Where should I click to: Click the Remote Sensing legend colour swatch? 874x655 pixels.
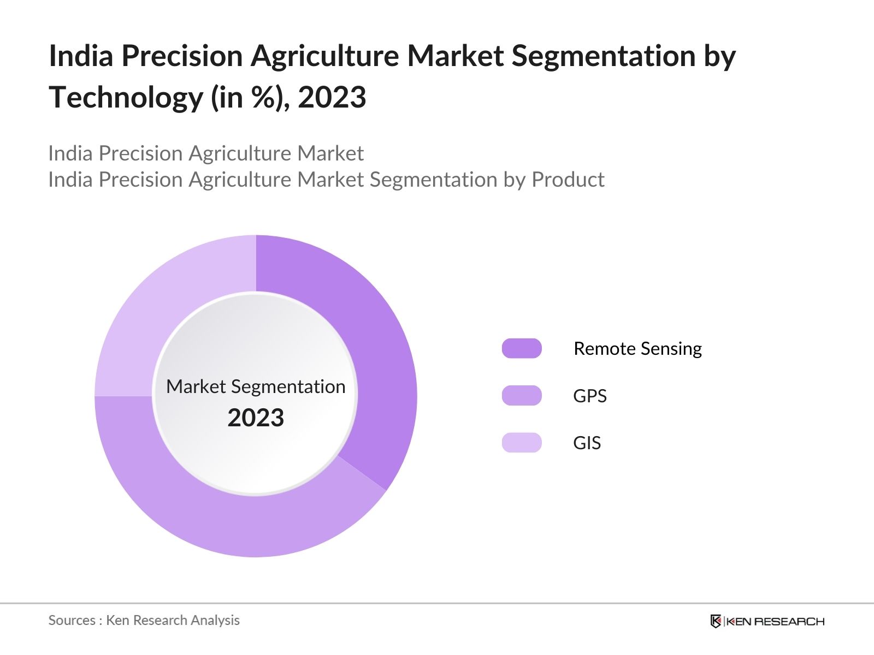coord(522,348)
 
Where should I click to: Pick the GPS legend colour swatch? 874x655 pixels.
coord(522,396)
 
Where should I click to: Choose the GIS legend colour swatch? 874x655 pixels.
coord(522,443)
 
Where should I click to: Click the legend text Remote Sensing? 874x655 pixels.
coord(637,348)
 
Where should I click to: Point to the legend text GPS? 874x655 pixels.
coord(589,396)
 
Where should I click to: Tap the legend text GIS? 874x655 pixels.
coord(587,443)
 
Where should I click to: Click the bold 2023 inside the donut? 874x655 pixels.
coord(256,418)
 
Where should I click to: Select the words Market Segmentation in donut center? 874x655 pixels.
coord(256,386)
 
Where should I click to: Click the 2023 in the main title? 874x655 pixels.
coord(332,98)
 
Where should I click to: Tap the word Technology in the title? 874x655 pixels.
coord(126,98)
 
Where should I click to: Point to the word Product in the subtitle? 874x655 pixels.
coord(568,180)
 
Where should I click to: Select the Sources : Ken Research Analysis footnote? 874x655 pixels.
coord(144,620)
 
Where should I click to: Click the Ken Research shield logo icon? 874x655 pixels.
coord(716,621)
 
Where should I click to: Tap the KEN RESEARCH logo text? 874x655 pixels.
coord(775,621)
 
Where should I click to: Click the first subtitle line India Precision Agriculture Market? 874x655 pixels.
coord(205,153)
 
